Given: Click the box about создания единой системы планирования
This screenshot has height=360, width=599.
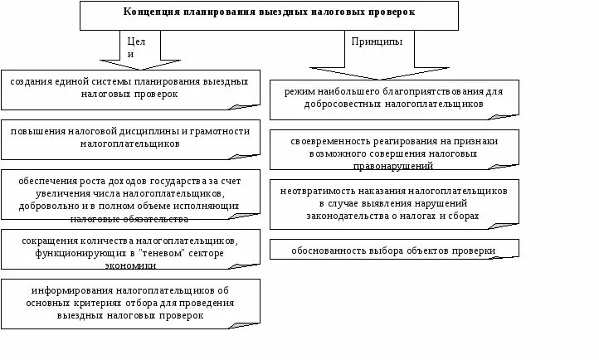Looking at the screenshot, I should click(x=131, y=89).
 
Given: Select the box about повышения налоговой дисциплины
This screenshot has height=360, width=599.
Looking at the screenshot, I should click(x=131, y=138).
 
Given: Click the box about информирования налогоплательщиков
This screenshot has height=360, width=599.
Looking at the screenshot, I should click(x=131, y=304).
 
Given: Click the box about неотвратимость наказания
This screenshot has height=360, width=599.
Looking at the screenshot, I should click(x=394, y=203).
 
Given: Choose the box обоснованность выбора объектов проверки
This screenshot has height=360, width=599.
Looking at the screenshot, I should click(x=394, y=250).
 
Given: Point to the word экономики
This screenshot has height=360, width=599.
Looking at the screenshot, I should click(x=130, y=265).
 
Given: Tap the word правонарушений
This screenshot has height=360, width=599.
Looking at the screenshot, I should click(x=394, y=166).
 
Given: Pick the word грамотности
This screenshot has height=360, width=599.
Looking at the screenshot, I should click(x=231, y=131).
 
